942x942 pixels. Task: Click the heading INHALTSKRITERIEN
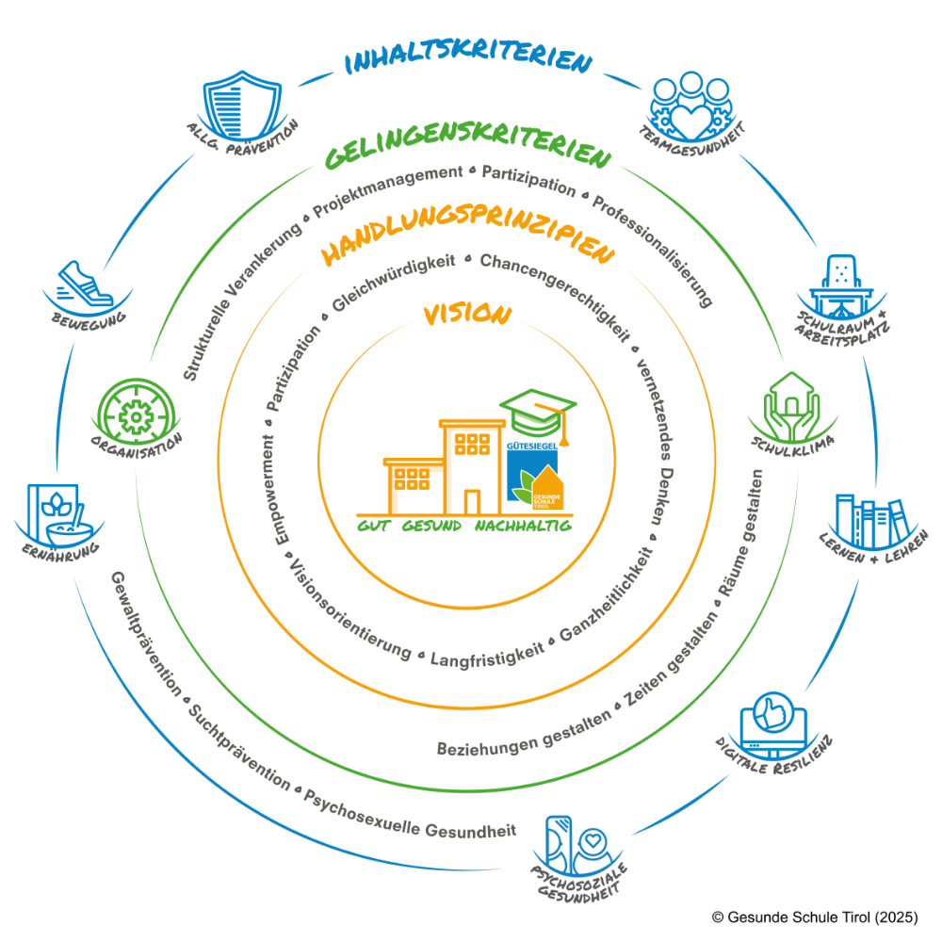pos(468,62)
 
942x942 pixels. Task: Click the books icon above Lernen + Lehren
pos(869,519)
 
